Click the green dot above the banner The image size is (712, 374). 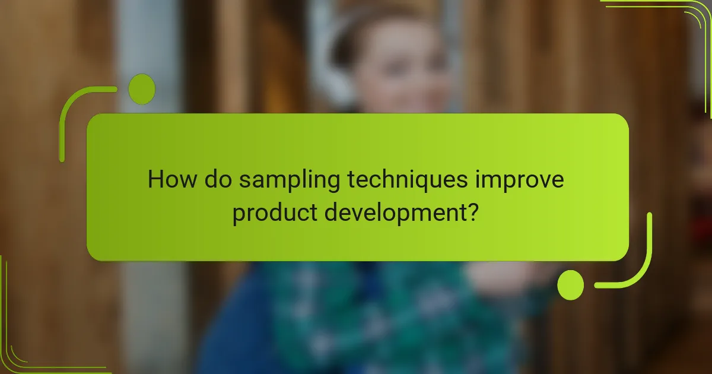142,90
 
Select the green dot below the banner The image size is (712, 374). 571,285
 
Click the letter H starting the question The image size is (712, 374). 155,179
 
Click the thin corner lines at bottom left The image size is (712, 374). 18,350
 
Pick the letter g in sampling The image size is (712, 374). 330,183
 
